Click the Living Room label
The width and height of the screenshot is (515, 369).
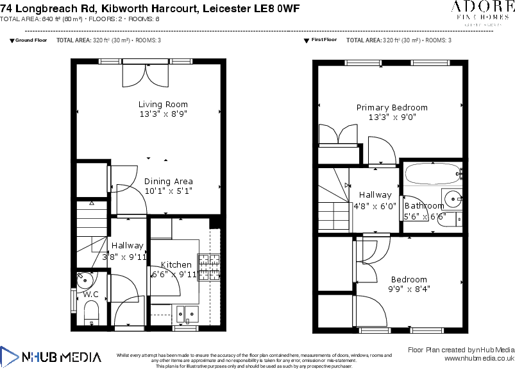tap(163, 104)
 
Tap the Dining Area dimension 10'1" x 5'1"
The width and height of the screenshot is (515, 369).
tap(168, 191)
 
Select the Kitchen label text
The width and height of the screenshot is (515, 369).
tap(176, 264)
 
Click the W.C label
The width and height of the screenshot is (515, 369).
tap(90, 295)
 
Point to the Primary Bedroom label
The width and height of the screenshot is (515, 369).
tap(392, 107)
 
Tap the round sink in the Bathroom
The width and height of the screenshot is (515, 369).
tap(453, 198)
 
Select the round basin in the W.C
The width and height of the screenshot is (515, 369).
tap(85, 280)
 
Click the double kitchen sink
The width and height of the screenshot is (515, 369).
tap(189, 313)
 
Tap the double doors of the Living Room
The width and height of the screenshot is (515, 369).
tap(147, 75)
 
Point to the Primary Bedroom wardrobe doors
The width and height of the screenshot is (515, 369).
tap(338, 136)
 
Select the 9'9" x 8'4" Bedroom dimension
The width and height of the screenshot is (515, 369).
tap(409, 289)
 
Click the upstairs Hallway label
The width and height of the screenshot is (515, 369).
tap(375, 194)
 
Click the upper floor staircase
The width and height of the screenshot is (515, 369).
tap(333, 200)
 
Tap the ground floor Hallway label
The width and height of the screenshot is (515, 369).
tap(127, 245)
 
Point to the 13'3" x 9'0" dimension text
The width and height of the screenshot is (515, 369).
tap(392, 117)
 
